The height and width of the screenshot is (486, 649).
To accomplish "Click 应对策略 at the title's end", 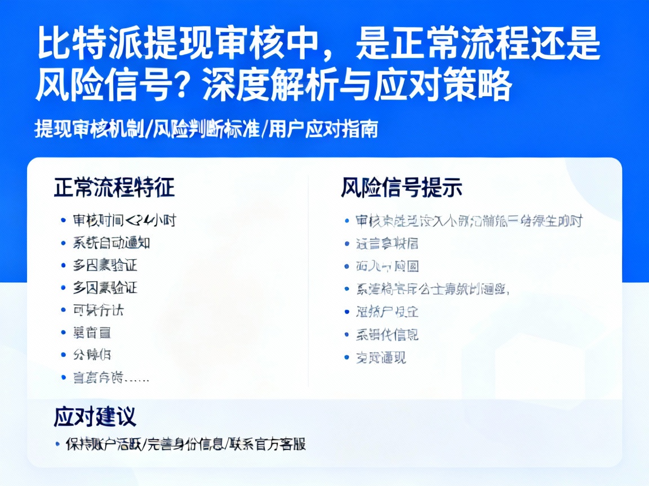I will coord(462,86).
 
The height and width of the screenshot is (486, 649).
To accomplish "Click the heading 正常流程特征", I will coord(114,188).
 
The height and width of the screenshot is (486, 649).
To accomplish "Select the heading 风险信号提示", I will coord(401,188).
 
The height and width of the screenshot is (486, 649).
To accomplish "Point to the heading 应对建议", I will coord(95,417).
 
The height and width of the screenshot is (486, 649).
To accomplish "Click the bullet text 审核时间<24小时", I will coord(125,220).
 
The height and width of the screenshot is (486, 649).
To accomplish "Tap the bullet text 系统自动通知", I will coord(112,243).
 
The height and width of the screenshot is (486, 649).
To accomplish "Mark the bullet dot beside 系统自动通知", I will coord(64,243).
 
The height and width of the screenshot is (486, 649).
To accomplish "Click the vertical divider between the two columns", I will coord(308,281).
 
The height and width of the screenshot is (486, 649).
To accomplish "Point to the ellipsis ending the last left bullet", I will coord(137,378).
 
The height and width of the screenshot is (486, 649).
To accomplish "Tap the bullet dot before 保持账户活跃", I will coord(57,444).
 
